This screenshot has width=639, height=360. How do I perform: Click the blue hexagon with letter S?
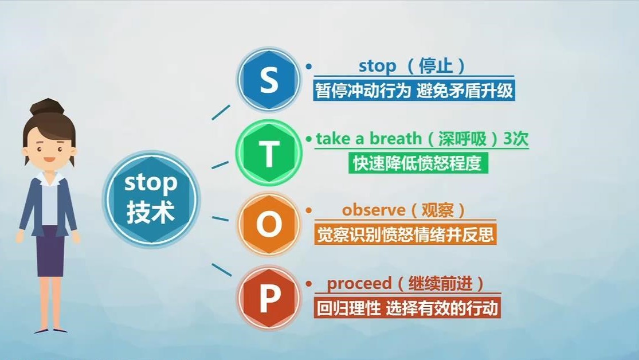(x=268, y=80)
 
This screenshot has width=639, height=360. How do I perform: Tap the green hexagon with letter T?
(x=268, y=154)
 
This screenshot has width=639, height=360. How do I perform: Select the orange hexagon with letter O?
(x=268, y=225)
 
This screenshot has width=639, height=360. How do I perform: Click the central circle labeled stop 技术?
(x=151, y=198)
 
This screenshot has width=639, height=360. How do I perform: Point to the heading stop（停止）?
(x=411, y=66)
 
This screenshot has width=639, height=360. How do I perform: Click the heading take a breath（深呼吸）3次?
(x=422, y=139)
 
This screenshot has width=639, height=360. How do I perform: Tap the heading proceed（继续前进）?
(x=405, y=283)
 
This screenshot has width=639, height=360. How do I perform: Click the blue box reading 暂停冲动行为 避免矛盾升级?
(x=414, y=91)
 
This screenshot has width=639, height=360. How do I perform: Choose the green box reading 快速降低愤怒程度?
(x=417, y=163)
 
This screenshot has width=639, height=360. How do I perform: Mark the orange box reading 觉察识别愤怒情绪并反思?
(x=405, y=234)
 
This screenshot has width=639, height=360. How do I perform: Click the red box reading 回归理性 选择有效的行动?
(x=407, y=308)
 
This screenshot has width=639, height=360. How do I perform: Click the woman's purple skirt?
(x=50, y=252)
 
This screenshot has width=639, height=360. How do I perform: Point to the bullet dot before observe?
(x=309, y=211)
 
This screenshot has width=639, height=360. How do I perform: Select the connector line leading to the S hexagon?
(x=221, y=112)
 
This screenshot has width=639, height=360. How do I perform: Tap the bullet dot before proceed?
(x=309, y=284)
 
